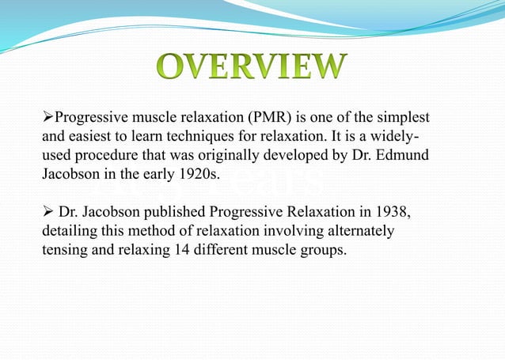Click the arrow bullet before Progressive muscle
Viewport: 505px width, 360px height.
pos(47,118)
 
